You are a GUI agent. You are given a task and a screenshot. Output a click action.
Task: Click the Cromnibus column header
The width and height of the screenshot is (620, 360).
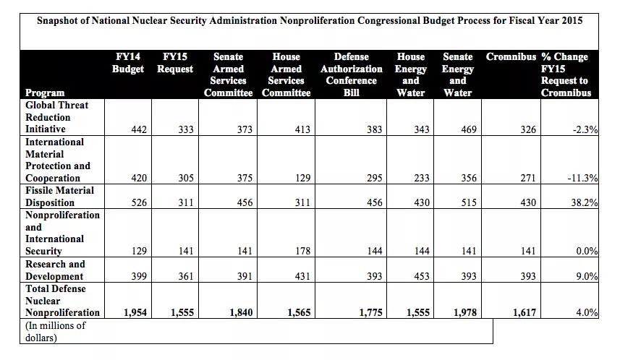(x=511, y=56)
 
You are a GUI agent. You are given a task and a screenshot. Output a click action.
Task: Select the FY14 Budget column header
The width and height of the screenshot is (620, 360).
(x=128, y=63)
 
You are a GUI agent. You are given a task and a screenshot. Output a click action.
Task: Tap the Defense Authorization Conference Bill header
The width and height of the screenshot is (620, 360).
(x=352, y=74)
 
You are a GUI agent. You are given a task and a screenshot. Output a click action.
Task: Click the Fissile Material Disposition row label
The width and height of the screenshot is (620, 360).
(x=60, y=197)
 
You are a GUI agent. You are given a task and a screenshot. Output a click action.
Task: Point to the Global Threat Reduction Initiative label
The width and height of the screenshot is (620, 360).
(x=57, y=117)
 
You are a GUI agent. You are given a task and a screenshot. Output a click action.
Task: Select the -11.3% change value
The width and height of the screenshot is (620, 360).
(x=582, y=178)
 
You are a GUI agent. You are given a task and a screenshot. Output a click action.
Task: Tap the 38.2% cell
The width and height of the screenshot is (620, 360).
(x=583, y=203)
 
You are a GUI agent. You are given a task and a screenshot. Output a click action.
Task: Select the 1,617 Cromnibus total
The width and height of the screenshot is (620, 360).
(x=525, y=312)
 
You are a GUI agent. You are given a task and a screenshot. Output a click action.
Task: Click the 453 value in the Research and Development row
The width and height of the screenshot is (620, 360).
(x=420, y=276)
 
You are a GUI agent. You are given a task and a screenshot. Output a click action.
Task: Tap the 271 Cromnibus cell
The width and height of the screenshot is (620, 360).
(x=528, y=178)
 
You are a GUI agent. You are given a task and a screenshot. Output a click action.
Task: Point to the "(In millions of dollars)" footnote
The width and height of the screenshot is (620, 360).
(x=56, y=331)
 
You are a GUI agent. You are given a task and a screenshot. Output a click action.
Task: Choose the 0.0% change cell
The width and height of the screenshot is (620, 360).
(x=586, y=251)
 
